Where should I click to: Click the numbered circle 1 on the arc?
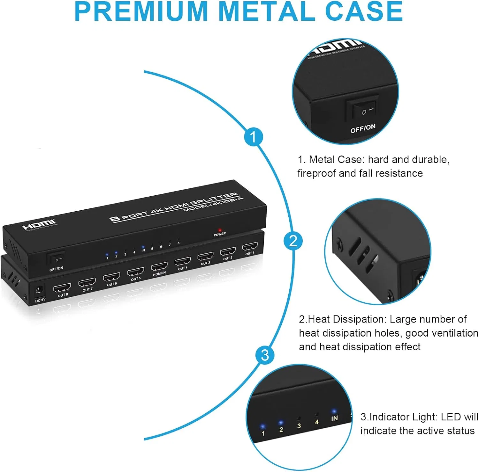253,137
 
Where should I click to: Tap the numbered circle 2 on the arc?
293,241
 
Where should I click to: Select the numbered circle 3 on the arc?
265,355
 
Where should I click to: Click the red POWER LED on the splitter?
220,230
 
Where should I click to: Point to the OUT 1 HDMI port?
250,247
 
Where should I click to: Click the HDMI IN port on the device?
159,266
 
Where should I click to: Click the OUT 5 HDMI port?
135,272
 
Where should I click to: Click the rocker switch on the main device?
56,258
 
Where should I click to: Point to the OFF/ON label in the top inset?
363,128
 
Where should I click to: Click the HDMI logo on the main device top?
39,224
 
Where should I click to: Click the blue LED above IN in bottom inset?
334,411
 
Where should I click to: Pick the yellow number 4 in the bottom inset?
316,422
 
